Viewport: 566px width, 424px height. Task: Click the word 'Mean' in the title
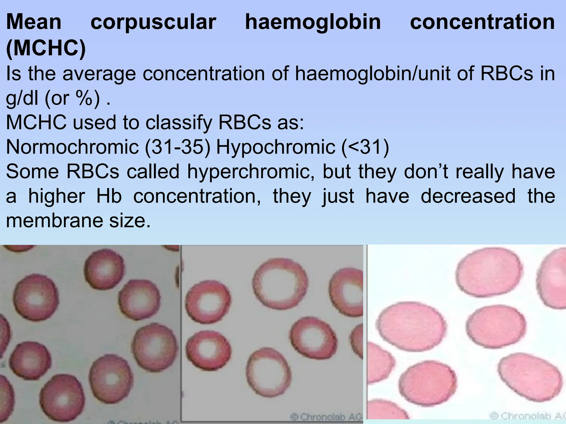34,22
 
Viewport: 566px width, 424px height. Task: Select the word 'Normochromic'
72,147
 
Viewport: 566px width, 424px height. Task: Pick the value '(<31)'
365,147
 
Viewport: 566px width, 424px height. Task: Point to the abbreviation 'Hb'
109,196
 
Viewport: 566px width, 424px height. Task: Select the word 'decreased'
468,196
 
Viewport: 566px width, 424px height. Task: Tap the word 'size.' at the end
130,221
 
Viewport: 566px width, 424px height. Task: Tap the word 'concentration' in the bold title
482,22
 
